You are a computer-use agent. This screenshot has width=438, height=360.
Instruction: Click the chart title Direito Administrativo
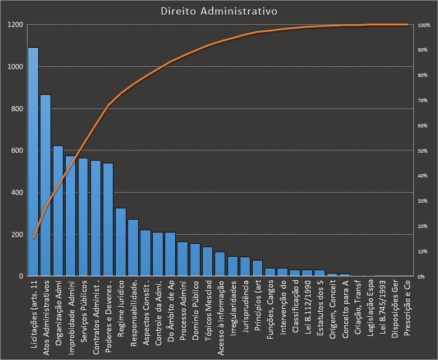(218, 11)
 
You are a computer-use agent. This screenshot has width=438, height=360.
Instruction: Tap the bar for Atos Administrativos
(45, 185)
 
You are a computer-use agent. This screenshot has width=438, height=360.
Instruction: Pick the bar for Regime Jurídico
(120, 242)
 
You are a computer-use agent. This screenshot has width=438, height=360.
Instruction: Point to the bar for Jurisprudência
(245, 267)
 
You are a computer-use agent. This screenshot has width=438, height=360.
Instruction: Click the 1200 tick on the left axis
(15, 25)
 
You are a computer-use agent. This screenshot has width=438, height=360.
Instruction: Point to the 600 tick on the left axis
(17, 151)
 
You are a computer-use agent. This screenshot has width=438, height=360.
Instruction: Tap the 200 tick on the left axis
(17, 234)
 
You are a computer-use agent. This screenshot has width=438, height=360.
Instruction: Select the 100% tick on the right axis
(424, 25)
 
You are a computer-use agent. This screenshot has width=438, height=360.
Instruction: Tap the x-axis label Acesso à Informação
(220, 315)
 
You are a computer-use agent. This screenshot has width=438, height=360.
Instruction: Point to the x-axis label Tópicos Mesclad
(207, 309)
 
